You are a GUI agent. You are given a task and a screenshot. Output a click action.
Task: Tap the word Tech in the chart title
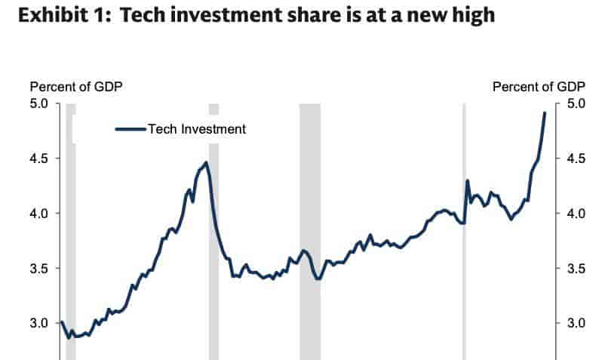[x=143, y=15]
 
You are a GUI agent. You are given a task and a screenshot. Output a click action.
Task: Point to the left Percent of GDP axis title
[x=76, y=87]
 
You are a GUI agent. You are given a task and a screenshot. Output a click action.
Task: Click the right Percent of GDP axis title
[x=539, y=87]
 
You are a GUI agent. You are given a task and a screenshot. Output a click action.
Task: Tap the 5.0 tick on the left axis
[x=38, y=103]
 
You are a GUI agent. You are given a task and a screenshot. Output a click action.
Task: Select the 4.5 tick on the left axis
[x=38, y=158]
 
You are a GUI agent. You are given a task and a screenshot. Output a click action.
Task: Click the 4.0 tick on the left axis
[x=38, y=213]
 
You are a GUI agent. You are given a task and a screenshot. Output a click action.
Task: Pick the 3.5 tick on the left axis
[x=38, y=268]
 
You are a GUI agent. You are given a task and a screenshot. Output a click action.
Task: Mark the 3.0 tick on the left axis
[x=38, y=322]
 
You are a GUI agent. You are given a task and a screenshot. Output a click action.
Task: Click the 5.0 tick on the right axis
[x=576, y=103]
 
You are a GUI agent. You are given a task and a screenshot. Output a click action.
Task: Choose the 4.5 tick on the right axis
[x=576, y=158]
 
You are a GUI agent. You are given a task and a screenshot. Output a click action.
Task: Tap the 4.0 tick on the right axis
[x=576, y=213]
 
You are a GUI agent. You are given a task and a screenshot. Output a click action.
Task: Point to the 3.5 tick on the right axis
[x=576, y=268]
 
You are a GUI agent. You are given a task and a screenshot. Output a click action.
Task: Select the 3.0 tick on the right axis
[x=576, y=322]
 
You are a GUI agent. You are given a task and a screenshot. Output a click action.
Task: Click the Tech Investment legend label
[x=197, y=129]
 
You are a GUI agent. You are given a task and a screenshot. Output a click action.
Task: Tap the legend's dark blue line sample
[x=131, y=129]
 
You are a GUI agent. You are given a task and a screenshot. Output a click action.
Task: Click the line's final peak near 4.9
[x=545, y=112]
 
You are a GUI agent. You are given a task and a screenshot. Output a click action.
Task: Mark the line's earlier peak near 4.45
[x=206, y=162]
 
